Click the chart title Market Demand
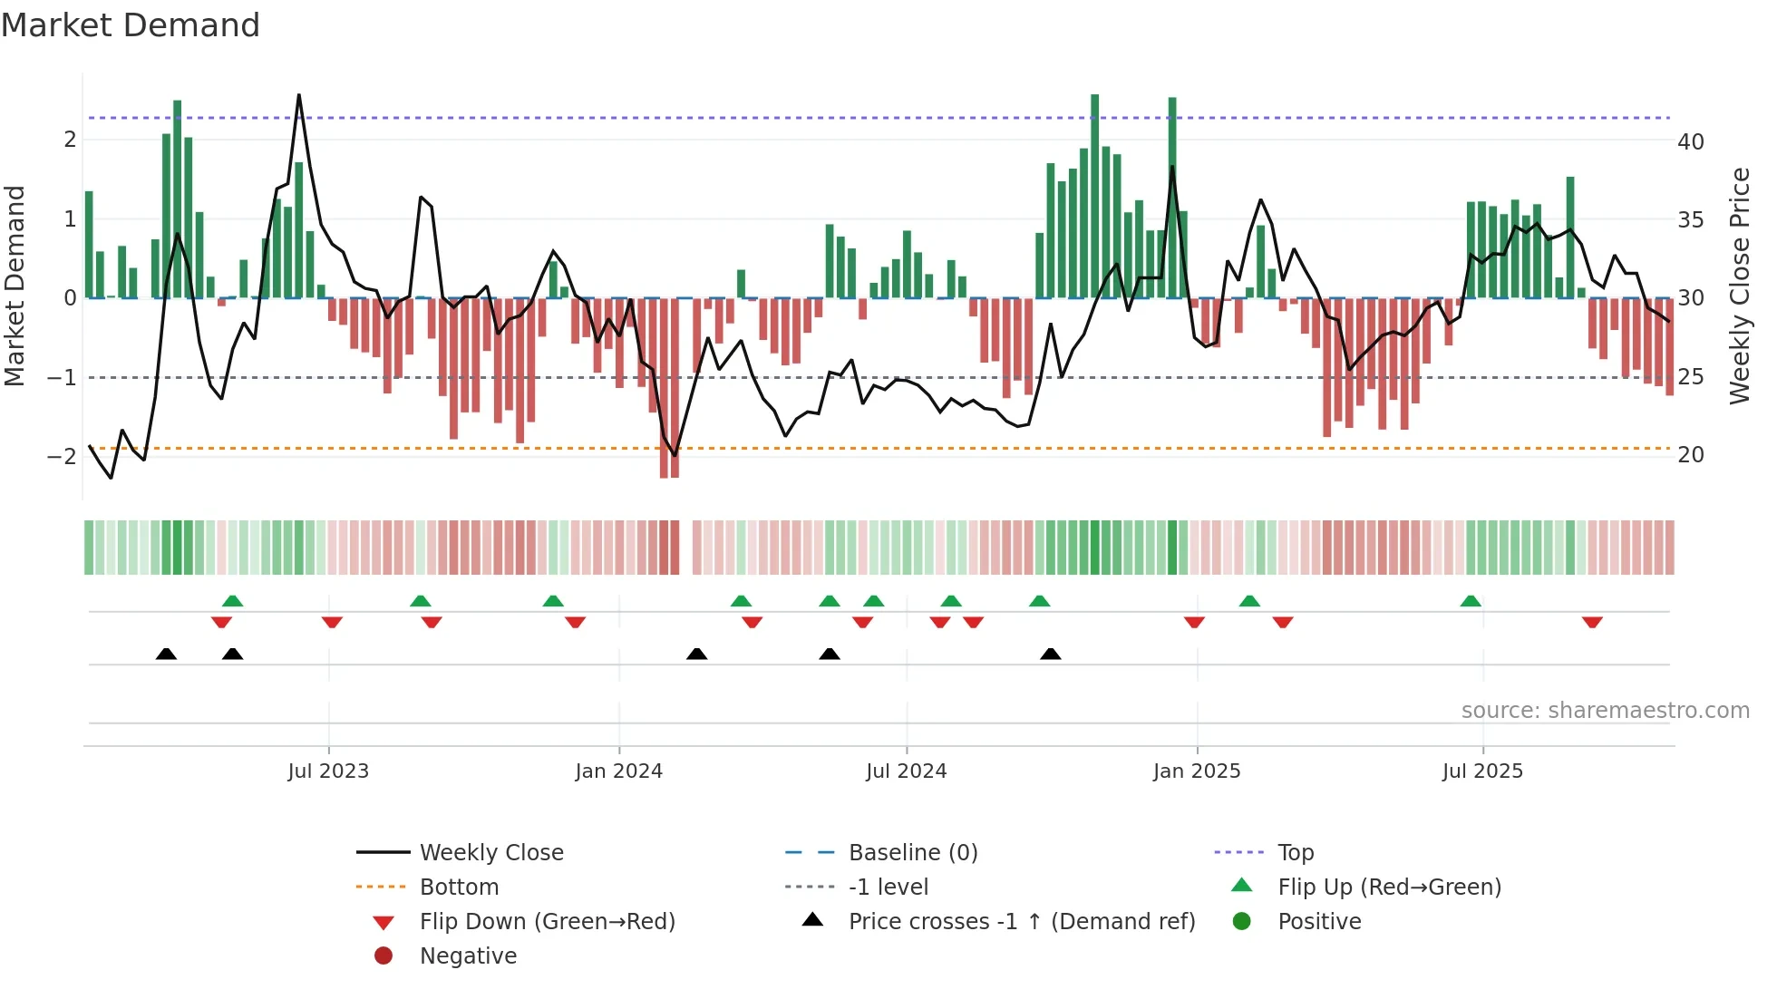coord(131,24)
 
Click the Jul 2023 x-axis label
coord(328,771)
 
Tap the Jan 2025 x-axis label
coord(1197,771)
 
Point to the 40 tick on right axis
coord(1690,141)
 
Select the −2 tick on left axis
coord(62,456)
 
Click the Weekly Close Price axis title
coord(1739,286)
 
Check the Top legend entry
coord(1296,852)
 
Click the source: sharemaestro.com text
coord(1605,710)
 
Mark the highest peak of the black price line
coord(299,95)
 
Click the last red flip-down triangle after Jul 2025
coord(1592,622)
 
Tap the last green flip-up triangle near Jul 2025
coord(1471,601)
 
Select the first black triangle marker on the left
coord(166,654)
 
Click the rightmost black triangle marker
coord(1050,654)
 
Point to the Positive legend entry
coord(1319,921)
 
